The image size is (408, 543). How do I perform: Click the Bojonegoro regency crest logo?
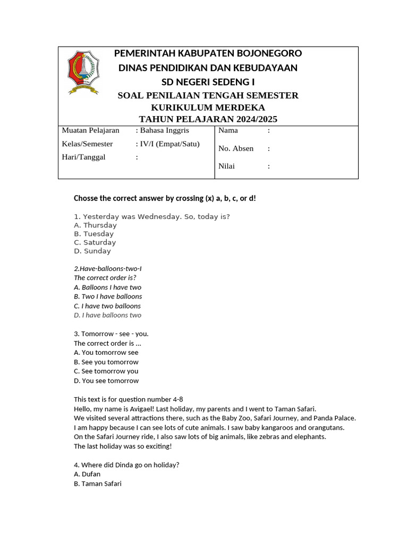[x=83, y=72]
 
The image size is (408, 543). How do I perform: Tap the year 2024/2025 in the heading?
[x=252, y=119]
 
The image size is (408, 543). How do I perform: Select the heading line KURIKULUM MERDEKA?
[x=208, y=108]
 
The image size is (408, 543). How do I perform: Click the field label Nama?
[x=228, y=130]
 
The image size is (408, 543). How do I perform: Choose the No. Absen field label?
[x=236, y=148]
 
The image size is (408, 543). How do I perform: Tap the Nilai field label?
[x=227, y=167]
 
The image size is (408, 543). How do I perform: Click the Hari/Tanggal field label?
[x=84, y=157]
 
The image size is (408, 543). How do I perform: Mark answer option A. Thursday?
[x=96, y=225]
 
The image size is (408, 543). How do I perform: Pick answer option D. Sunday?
[x=92, y=251]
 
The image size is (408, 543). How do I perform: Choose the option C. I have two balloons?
[x=107, y=306]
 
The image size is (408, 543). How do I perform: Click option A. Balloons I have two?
[x=107, y=287]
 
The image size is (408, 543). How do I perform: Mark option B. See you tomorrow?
[x=106, y=362]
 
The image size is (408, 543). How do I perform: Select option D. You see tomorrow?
[x=106, y=381]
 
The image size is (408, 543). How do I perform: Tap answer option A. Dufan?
[x=87, y=474]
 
